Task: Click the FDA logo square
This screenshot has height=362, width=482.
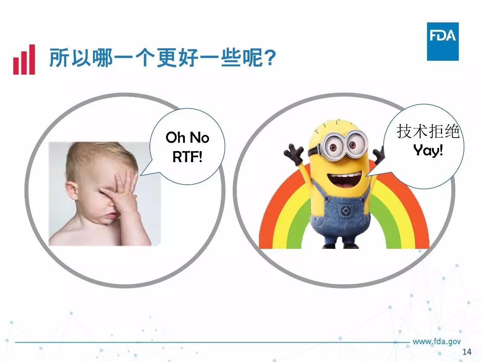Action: pos(443,41)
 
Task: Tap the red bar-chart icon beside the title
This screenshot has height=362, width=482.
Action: pos(24,60)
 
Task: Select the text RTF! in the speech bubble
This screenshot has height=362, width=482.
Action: pos(187,157)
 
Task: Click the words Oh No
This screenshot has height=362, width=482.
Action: pos(187,138)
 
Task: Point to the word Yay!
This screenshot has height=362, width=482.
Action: pos(428,151)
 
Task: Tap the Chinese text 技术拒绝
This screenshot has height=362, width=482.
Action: pos(428,132)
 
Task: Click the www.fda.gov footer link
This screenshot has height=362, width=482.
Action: pos(436,342)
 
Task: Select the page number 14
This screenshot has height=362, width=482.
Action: pos(467,352)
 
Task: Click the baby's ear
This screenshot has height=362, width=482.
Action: pos(72,192)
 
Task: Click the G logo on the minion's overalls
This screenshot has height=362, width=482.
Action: pos(346,212)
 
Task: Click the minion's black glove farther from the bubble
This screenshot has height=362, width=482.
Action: pos(294,153)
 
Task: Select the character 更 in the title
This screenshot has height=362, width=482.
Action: pos(167,58)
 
